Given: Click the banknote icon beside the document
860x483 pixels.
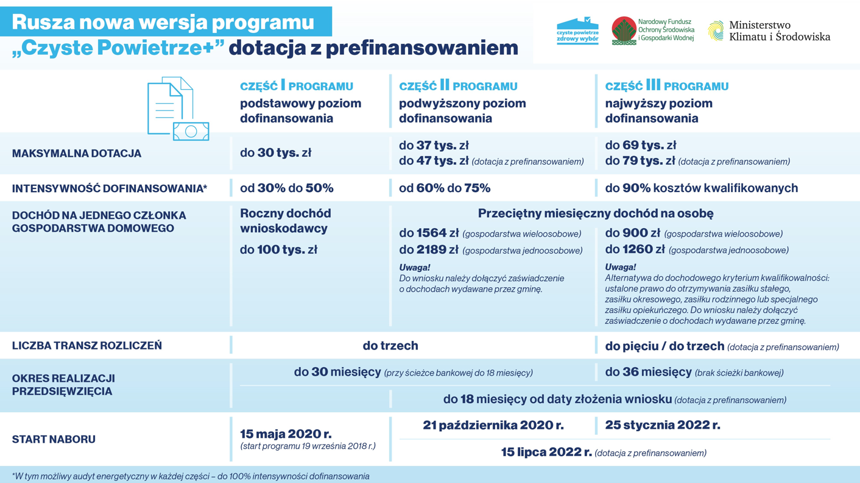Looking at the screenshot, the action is coord(191,131).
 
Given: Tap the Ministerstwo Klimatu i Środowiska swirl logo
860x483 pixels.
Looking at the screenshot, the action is coord(716,30).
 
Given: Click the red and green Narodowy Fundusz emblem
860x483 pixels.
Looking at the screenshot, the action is coord(624,30).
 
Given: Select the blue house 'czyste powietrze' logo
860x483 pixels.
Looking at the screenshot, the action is coord(577,30).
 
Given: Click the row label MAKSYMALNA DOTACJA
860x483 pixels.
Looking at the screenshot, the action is coord(76,154).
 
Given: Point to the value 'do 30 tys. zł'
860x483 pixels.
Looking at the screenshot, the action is coord(276,152).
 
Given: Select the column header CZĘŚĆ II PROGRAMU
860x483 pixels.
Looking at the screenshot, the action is coord(458,85).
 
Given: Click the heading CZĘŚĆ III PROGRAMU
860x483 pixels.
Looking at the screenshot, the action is coord(666,85).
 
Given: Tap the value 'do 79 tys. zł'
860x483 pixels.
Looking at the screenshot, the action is coord(640,161).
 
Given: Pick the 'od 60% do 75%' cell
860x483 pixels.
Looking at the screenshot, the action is coord(445,188).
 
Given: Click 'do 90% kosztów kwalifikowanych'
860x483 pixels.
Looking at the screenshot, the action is coord(702,188).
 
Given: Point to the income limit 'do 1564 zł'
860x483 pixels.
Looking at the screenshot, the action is coord(429,233).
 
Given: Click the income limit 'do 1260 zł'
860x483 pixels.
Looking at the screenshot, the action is coord(635,249).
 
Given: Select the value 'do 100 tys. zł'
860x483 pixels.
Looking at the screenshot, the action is coord(279,249).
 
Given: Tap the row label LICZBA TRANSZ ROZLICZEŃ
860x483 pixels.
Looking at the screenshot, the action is coord(86,346).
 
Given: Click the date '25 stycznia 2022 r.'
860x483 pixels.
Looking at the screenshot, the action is coord(663,425).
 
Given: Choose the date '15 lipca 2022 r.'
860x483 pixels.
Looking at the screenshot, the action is coord(546,452).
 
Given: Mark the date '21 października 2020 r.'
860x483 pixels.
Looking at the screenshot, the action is coord(493,425).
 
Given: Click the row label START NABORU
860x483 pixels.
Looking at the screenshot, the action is coord(54,439).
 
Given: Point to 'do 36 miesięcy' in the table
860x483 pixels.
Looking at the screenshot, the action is coord(649,372).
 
